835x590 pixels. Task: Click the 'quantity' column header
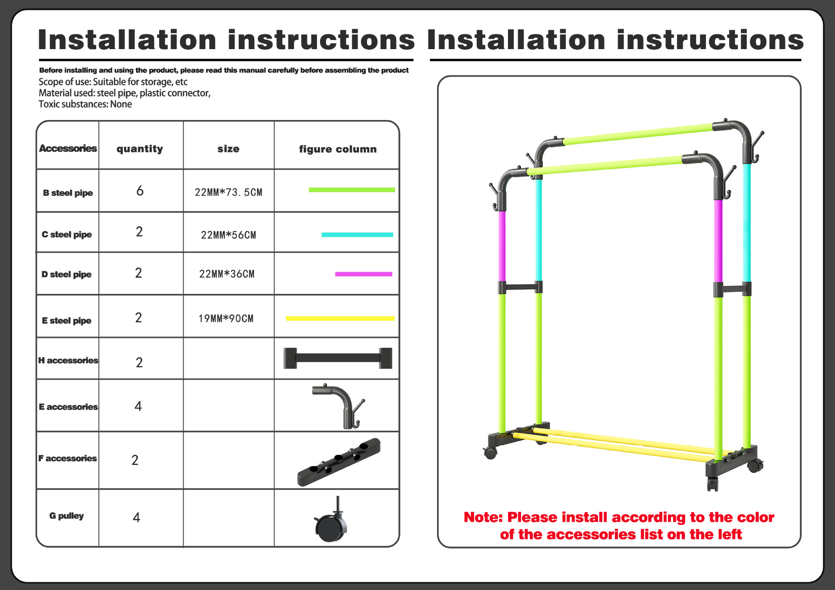tap(140, 149)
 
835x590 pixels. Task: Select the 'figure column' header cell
tap(337, 149)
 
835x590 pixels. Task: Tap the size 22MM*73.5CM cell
tap(228, 192)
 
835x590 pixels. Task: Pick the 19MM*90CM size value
tap(226, 319)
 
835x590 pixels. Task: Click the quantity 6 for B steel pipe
tap(140, 190)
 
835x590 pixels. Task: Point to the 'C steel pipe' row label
tap(67, 234)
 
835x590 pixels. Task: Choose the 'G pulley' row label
tap(67, 516)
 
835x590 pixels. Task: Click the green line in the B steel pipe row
tap(351, 190)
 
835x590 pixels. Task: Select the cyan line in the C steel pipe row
tap(357, 235)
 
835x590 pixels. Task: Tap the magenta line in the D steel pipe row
tap(364, 274)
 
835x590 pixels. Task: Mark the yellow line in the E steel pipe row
tap(340, 319)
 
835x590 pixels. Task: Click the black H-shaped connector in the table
tap(337, 358)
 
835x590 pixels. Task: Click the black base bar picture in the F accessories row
tap(338, 462)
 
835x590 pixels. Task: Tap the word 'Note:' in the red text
tap(483, 517)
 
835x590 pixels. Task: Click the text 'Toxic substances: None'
tap(85, 104)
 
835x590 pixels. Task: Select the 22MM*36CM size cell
tap(227, 274)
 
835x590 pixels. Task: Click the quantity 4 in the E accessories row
tap(138, 406)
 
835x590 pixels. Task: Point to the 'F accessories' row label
tap(67, 458)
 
